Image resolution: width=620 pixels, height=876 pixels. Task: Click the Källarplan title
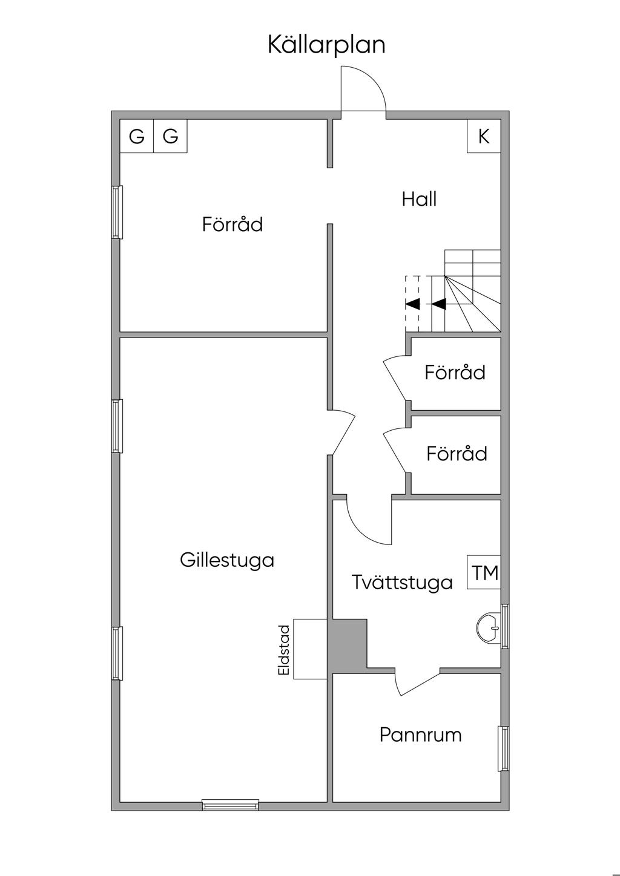pyautogui.click(x=326, y=45)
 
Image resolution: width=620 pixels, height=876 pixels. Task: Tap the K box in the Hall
pyautogui.click(x=483, y=137)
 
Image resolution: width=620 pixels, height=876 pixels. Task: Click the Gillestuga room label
pyautogui.click(x=226, y=560)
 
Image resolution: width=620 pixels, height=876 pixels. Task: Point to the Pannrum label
pyautogui.click(x=420, y=735)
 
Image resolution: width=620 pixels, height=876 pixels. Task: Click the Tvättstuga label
pyautogui.click(x=402, y=583)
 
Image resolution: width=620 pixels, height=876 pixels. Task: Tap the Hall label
pyautogui.click(x=419, y=199)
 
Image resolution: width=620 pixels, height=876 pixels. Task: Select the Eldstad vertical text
pyautogui.click(x=283, y=650)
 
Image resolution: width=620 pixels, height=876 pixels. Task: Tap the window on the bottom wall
pyautogui.click(x=230, y=805)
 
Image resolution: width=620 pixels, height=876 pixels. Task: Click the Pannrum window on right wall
pyautogui.click(x=503, y=748)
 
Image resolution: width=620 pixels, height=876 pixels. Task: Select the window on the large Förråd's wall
pyautogui.click(x=117, y=212)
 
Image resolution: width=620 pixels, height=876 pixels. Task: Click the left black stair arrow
pyautogui.click(x=413, y=304)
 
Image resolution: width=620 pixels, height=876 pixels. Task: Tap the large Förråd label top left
pyautogui.click(x=232, y=225)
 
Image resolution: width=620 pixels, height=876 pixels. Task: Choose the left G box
pyautogui.click(x=137, y=137)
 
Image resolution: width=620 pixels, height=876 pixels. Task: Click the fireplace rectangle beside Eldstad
pyautogui.click(x=310, y=649)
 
